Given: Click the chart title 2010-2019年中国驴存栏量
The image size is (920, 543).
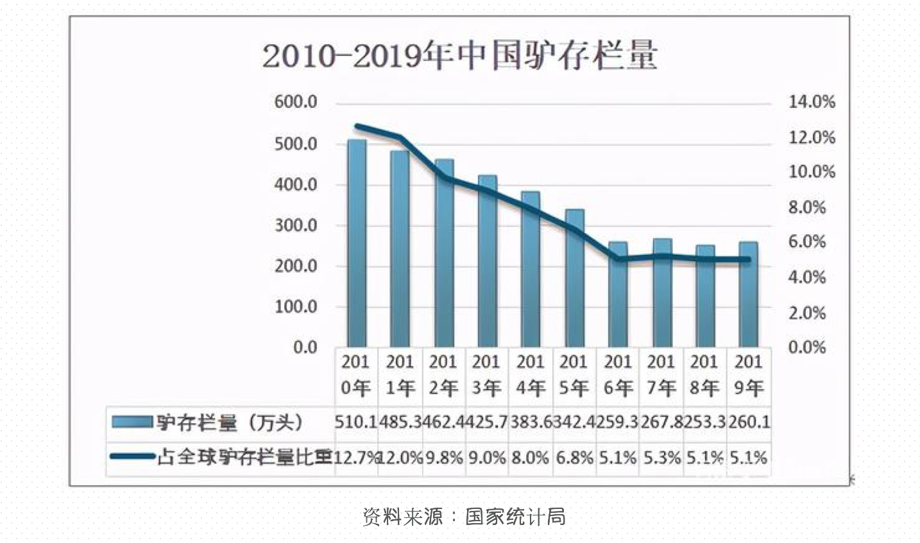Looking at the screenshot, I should (459, 56).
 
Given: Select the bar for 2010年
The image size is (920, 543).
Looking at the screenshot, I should (357, 244).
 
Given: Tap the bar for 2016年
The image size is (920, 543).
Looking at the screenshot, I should (618, 295).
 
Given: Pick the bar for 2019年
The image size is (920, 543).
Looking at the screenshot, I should (748, 295).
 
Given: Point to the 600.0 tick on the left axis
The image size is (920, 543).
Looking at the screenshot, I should (296, 102).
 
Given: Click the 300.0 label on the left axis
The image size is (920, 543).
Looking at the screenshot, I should (296, 225).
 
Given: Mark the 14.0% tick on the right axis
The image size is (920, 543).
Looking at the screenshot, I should (812, 102).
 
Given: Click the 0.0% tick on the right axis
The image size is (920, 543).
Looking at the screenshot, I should (807, 347).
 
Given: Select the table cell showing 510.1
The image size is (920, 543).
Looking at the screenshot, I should (356, 422).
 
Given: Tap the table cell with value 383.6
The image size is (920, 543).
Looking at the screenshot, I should (530, 422).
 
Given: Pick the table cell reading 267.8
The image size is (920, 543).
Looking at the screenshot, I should (660, 422).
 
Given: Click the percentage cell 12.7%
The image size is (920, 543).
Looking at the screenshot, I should (357, 458).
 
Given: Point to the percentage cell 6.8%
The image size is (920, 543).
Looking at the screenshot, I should (574, 458).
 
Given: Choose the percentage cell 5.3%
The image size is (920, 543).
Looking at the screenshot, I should (661, 458).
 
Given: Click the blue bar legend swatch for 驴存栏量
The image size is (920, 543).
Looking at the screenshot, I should (132, 422).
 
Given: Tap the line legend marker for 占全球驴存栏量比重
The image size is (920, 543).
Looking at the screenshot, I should (132, 457).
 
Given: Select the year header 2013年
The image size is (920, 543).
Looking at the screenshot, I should (486, 375).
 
